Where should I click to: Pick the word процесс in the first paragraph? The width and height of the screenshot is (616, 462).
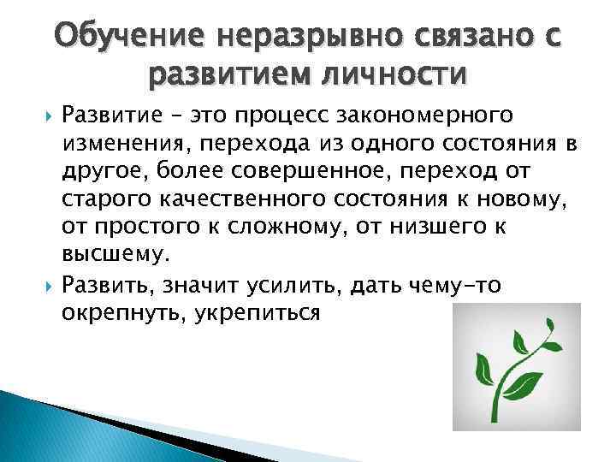[276, 114]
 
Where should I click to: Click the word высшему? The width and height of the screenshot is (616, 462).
[115, 256]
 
